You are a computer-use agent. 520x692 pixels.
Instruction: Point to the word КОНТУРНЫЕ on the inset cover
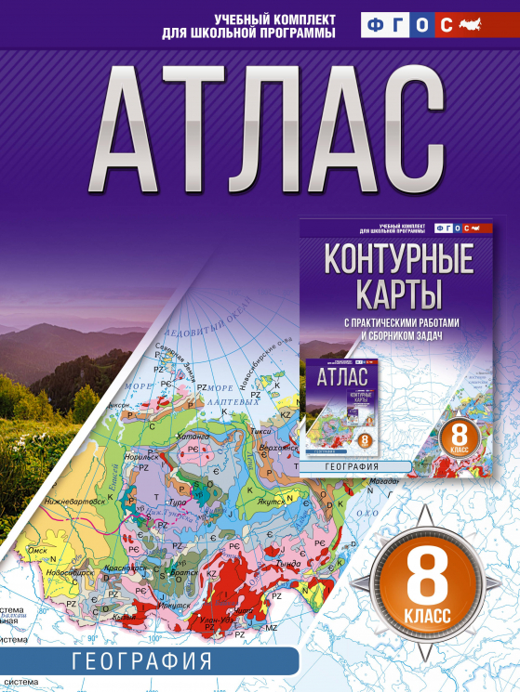pos(395,258)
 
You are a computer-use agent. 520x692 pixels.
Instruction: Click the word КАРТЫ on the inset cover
pos(395,294)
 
